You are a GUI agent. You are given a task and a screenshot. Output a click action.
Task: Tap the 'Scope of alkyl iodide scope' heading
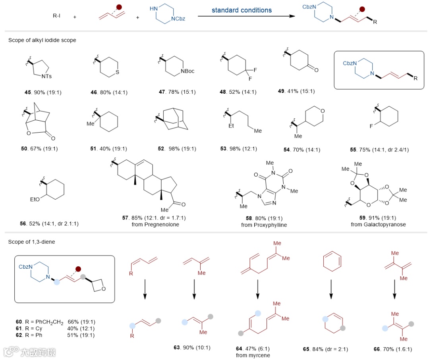pos(42,40)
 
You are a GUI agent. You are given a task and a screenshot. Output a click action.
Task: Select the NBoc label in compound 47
pos(187,71)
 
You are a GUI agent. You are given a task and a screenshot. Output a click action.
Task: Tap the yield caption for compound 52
pos(177,149)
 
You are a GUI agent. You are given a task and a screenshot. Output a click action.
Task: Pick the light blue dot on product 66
pos(385,328)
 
